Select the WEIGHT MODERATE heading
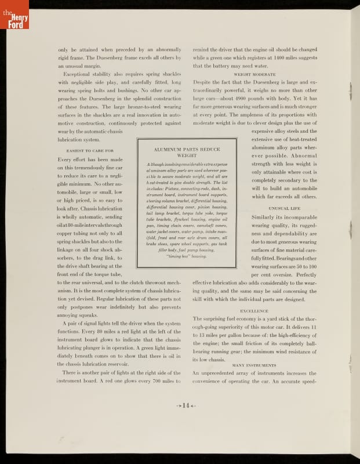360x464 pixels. tap(254, 74)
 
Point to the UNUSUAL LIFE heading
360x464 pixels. tap(284, 208)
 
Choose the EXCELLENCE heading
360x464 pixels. tap(254, 311)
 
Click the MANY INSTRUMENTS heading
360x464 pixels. tap(254, 365)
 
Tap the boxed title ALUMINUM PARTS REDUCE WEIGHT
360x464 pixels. tap(186, 153)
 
